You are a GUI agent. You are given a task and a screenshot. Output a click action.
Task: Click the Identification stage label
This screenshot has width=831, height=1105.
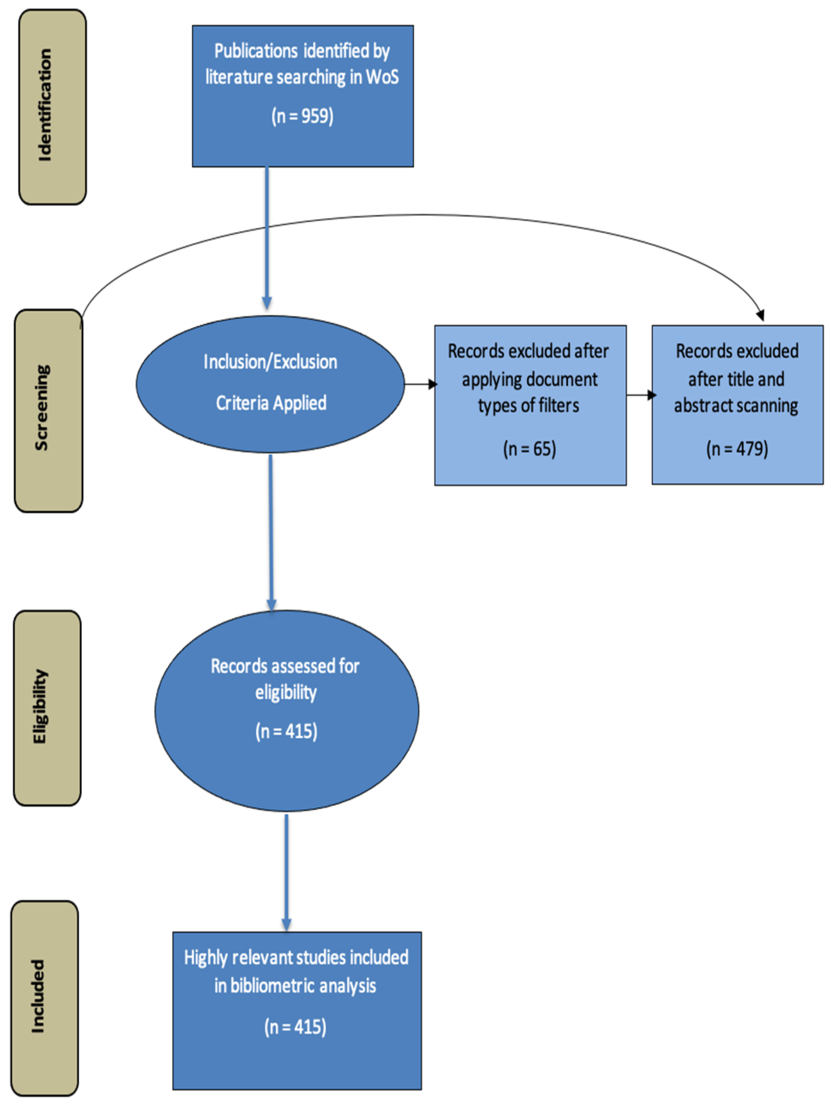pos(45,105)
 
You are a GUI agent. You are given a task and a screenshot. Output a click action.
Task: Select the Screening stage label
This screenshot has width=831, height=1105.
pos(42,408)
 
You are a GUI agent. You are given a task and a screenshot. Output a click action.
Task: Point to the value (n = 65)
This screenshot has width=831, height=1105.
pos(530,448)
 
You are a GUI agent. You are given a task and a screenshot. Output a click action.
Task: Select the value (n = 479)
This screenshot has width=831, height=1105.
pos(736,448)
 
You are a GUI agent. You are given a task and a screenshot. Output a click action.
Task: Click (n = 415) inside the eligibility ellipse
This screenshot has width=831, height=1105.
pos(286,731)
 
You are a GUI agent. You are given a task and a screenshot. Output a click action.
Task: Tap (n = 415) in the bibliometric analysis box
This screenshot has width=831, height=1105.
pos(295,1027)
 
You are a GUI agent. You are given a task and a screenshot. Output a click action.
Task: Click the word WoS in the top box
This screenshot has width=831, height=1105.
pos(382,77)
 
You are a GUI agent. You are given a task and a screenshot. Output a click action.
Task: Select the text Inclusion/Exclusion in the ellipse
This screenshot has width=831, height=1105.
pos(270,362)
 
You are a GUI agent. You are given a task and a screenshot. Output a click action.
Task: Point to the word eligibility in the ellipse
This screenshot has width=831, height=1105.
pos(286,692)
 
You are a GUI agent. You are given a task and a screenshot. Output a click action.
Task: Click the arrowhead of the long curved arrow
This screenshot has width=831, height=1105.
pos(760,315)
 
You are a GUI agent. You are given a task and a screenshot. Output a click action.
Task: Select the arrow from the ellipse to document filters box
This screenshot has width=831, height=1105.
pos(420,384)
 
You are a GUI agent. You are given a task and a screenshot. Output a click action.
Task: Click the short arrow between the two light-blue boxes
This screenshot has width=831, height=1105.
pos(640,395)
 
